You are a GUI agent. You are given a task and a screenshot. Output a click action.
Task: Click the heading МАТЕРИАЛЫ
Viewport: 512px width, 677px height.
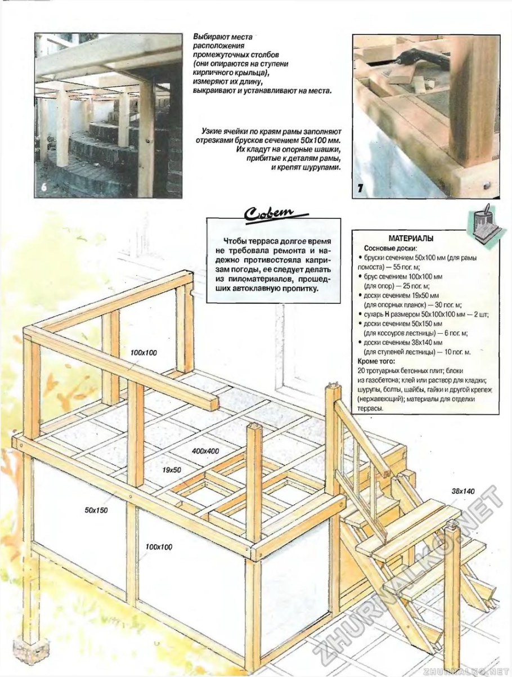[411, 238]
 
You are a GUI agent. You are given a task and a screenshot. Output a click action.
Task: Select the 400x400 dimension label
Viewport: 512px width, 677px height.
[206, 451]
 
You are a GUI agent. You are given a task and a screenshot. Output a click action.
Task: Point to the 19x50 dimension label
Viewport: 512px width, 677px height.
[172, 469]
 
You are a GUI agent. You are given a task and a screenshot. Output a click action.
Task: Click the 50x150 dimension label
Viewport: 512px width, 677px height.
[97, 510]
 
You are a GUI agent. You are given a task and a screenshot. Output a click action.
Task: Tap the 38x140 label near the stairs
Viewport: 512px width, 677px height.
[462, 491]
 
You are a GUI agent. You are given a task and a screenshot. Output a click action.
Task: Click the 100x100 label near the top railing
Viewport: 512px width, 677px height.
[143, 353]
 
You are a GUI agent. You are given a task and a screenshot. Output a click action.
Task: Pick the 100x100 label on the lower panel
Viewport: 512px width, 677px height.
[159, 546]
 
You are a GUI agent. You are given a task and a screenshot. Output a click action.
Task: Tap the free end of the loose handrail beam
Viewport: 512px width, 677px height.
[209, 402]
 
